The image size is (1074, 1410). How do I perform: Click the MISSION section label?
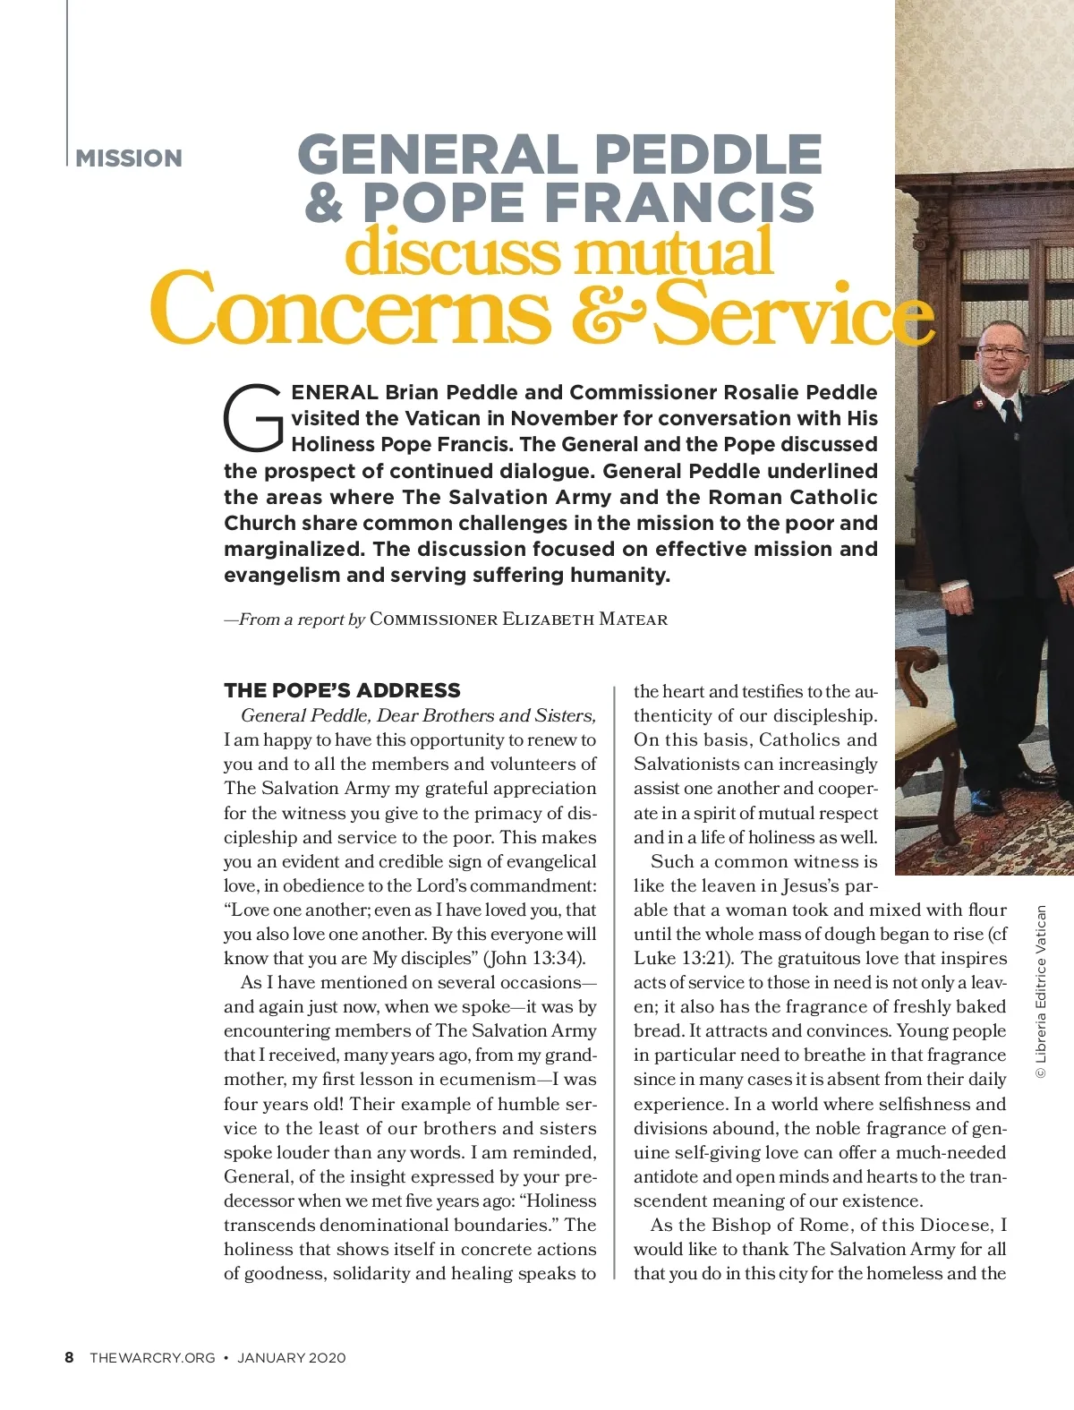click(x=129, y=158)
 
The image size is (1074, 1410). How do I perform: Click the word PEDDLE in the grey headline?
click(x=708, y=154)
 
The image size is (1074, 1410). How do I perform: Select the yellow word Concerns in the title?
click(x=350, y=310)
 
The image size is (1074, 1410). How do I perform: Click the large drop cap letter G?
click(x=253, y=418)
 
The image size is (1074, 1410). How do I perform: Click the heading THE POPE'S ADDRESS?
click(x=342, y=690)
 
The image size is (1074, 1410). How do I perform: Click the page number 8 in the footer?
click(x=69, y=1357)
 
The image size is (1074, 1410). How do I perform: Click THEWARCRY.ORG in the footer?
click(x=152, y=1358)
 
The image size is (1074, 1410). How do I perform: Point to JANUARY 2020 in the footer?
click(x=291, y=1358)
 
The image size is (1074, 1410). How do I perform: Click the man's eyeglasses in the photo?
click(x=1002, y=352)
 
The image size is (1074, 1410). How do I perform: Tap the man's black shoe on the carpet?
click(x=988, y=799)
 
